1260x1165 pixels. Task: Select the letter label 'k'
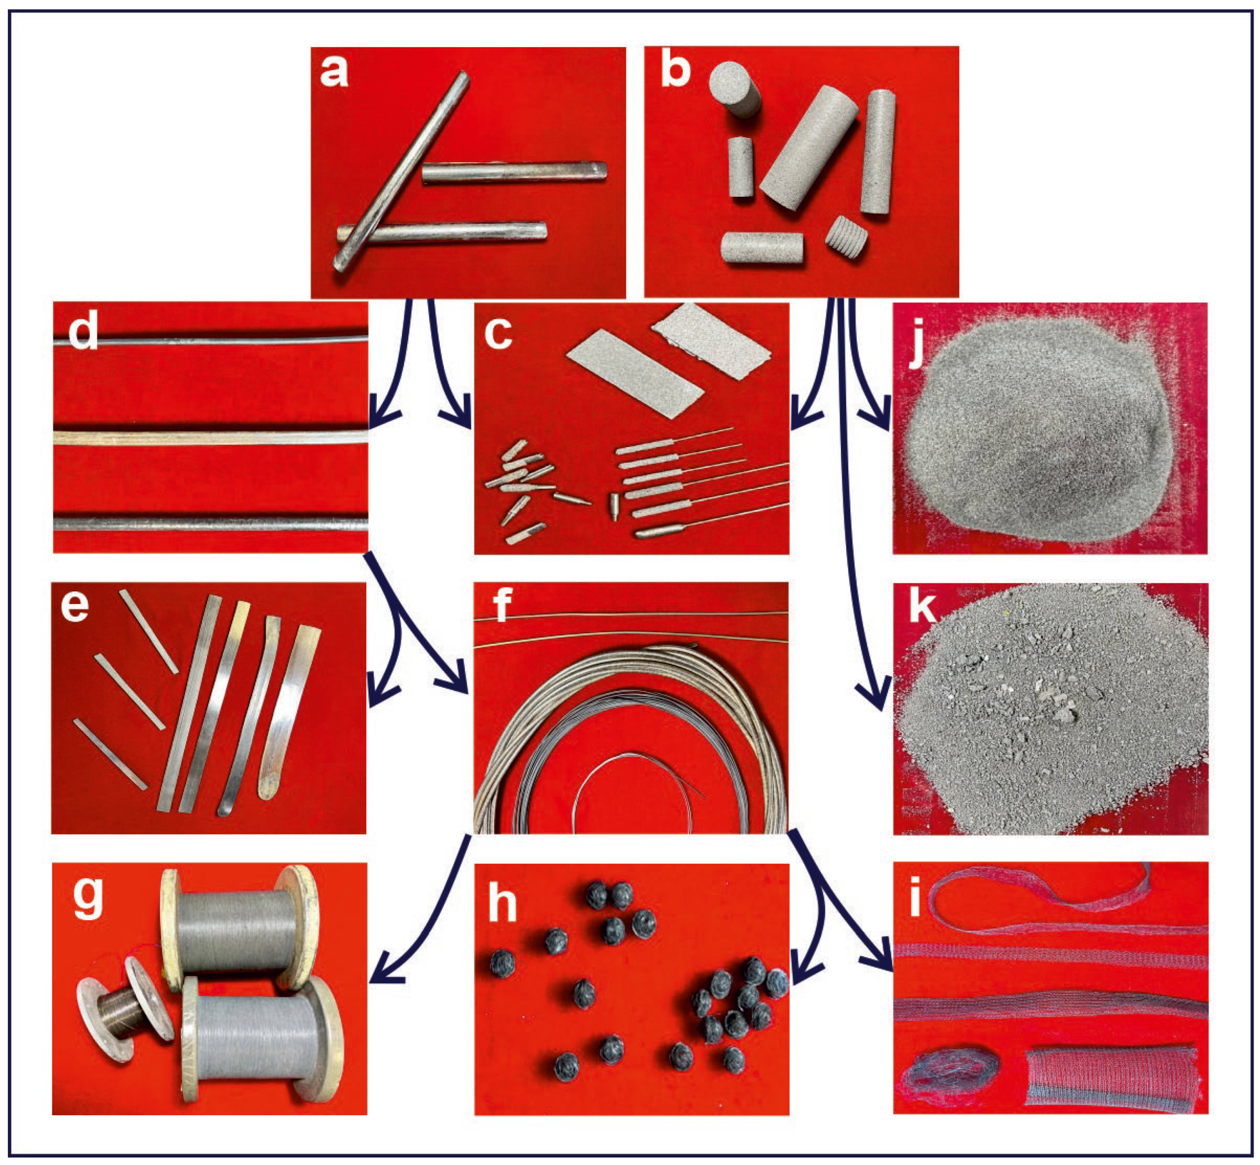click(922, 607)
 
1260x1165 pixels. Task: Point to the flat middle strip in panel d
click(210, 437)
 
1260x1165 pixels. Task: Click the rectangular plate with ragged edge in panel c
click(711, 340)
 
